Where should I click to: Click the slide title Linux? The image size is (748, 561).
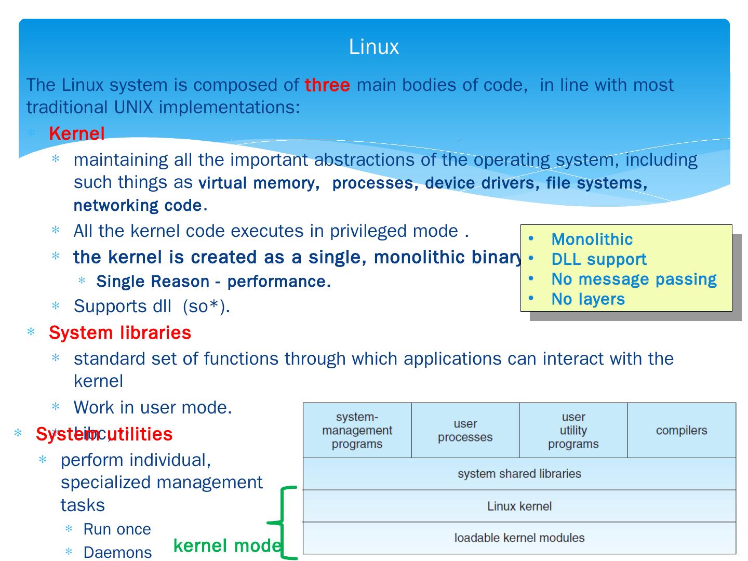(x=373, y=47)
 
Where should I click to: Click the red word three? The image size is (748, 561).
(x=327, y=85)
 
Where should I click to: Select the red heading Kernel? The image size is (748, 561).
(x=77, y=133)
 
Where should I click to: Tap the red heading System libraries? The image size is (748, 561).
(x=120, y=332)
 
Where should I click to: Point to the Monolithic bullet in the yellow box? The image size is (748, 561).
(x=592, y=239)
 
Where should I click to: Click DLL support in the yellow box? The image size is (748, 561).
(x=598, y=259)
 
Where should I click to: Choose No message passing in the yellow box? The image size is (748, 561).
(x=634, y=279)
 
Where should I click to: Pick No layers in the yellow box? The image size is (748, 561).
(x=588, y=299)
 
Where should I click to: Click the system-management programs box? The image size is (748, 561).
(x=357, y=430)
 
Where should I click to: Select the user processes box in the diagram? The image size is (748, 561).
(x=465, y=430)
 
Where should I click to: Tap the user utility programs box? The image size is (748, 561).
(x=573, y=430)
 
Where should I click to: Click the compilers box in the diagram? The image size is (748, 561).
(x=682, y=430)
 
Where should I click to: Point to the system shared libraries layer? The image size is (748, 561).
(x=519, y=474)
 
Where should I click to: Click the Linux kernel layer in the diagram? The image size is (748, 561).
(x=519, y=506)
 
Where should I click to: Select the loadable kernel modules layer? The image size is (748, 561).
(x=519, y=538)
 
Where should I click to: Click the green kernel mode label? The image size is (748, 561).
(x=227, y=545)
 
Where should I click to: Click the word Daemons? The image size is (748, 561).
(x=117, y=552)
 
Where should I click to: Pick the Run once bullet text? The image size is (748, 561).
(x=117, y=529)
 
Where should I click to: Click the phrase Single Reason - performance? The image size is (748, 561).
(x=213, y=282)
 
